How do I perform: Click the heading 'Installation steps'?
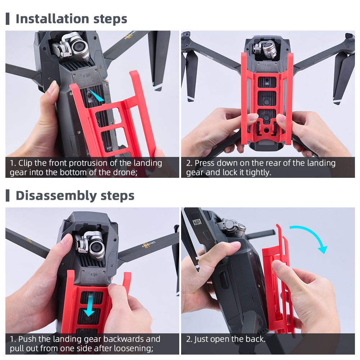71,19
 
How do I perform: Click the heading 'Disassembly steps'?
75,195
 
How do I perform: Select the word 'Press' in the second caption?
204,163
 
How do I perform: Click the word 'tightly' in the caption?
258,172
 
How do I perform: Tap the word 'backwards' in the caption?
124,339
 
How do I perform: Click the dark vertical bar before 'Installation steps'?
8,19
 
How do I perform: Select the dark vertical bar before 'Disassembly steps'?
8,195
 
